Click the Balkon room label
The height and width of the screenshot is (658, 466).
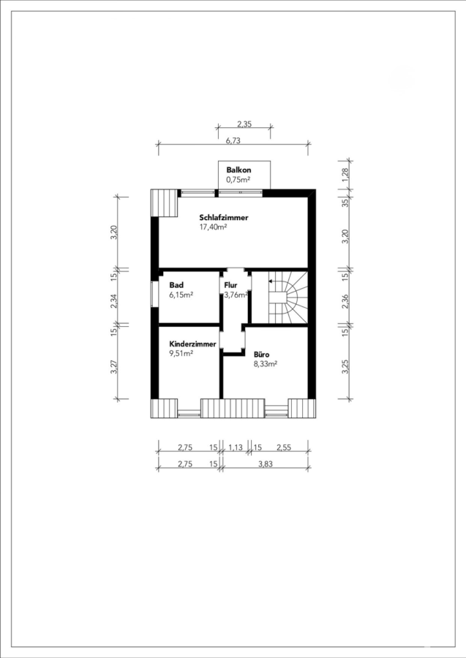coord(238,170)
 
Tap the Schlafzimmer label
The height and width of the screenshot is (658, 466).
coord(224,217)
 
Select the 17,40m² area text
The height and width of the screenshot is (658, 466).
coord(214,227)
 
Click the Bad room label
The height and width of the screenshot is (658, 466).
coord(176,285)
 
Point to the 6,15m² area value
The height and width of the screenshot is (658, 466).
coord(181,295)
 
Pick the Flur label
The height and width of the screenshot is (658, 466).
coord(230,285)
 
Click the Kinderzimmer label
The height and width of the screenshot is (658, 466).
coord(192,344)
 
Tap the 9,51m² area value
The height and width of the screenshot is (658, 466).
coord(181,353)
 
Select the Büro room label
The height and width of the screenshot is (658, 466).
coord(262,355)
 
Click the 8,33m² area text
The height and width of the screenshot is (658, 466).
coord(266,364)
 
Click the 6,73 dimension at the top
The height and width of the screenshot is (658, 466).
coord(233,141)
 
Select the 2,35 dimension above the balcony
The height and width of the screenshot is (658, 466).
coord(244,124)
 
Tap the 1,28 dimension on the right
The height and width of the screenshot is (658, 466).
coord(345,175)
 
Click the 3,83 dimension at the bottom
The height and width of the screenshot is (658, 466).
coord(266,464)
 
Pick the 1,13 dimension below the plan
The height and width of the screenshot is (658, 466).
coord(236,447)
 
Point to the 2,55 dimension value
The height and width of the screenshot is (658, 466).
coord(283,447)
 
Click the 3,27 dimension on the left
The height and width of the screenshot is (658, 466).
coord(113,366)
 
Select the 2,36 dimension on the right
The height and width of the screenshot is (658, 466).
coord(345,301)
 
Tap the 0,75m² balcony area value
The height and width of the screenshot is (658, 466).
coord(238,180)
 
